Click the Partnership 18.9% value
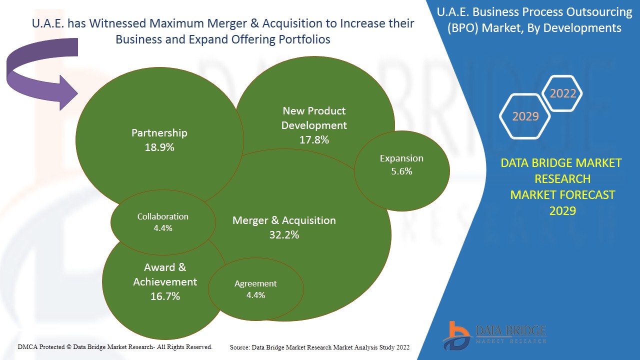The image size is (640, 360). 159,147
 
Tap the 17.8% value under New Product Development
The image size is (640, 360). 314,140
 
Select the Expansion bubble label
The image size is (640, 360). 401,158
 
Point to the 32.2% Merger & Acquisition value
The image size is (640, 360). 284,234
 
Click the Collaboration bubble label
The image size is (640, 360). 163,216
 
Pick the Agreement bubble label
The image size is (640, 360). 255,283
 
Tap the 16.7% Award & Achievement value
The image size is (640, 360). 165,296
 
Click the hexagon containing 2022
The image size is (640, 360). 562,93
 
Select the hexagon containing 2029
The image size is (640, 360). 525,116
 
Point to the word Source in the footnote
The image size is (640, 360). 239,347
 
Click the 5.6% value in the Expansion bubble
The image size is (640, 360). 401,171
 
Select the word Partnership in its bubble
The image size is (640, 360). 159,133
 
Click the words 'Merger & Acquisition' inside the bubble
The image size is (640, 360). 284,220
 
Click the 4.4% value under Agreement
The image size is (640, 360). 255,295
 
